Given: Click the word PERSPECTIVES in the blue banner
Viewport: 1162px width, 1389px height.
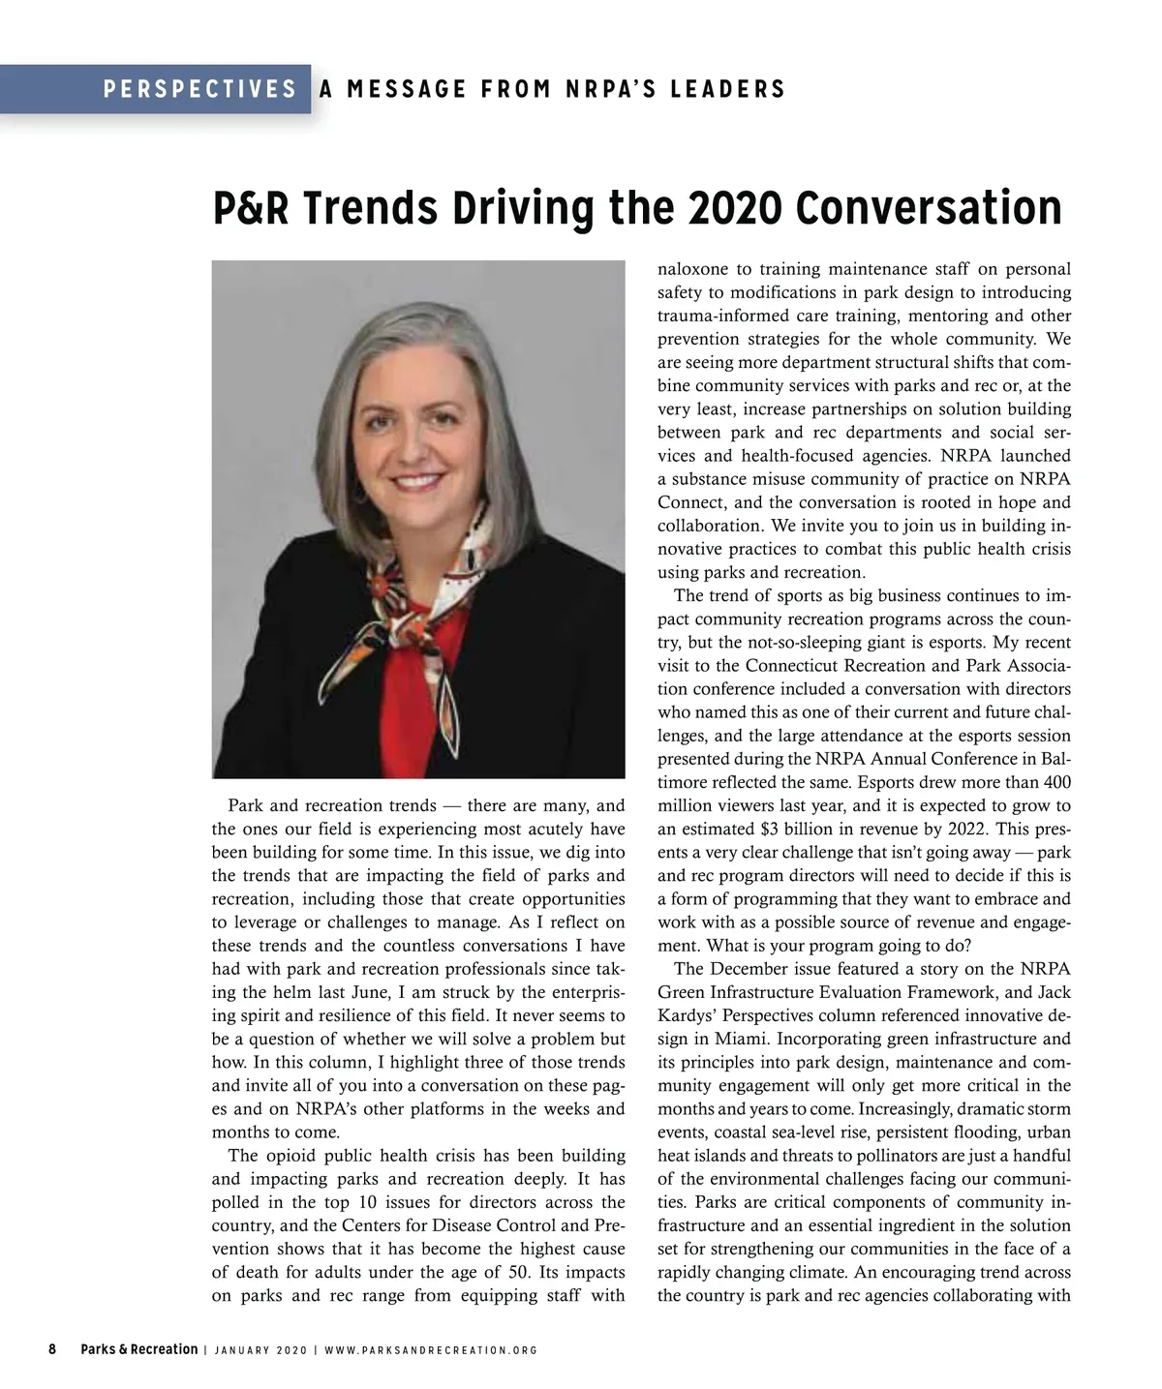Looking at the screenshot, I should tap(199, 90).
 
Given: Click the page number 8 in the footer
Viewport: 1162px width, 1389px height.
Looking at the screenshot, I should tap(52, 1349).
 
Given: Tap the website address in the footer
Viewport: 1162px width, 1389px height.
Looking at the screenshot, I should tap(431, 1350).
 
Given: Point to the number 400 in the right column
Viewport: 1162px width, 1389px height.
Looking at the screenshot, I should tap(1055, 783).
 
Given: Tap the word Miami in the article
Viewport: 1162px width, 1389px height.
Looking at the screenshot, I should tap(745, 1040).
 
